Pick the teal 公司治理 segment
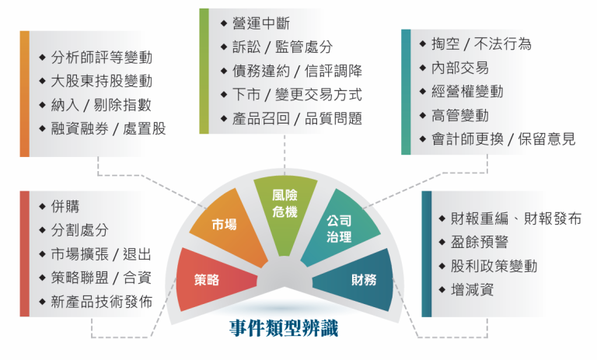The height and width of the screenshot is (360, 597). point(340,228)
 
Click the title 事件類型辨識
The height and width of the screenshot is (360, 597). point(284,327)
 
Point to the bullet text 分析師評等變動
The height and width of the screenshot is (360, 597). point(101,58)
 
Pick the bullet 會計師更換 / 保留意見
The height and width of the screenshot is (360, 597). point(503,139)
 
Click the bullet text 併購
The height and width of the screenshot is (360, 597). point(65,207)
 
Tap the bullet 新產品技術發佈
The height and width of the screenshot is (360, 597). point(101,302)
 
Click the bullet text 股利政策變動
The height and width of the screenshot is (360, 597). point(487,266)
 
